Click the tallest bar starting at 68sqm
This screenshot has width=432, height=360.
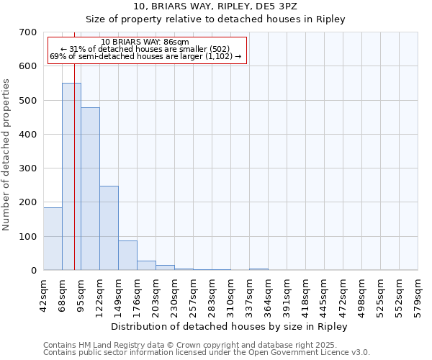pos(71,176)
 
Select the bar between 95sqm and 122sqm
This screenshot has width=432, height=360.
pos(90,189)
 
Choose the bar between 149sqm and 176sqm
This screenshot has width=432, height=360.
pos(127,256)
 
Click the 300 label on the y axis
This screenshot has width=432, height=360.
pos(27,168)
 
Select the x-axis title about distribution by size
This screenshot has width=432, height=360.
pos(230,326)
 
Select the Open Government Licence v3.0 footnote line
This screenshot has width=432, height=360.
pos(207,353)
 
